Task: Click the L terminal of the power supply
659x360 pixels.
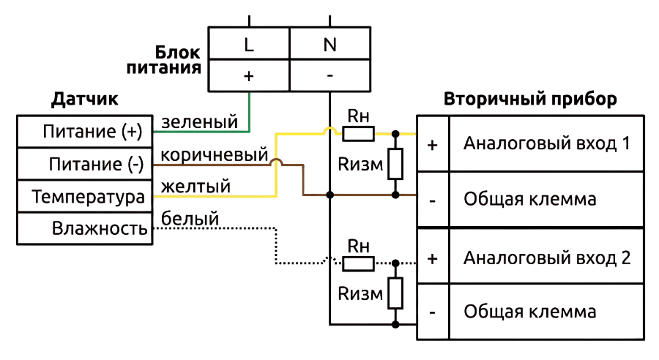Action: click(x=249, y=43)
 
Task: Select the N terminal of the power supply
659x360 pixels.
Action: click(x=330, y=43)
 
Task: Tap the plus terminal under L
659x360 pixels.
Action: click(x=249, y=75)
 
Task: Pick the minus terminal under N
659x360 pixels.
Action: click(x=330, y=75)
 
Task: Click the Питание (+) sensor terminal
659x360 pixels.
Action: click(x=84, y=132)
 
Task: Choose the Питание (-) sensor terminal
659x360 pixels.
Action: click(x=84, y=164)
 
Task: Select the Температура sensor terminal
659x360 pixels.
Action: click(x=84, y=196)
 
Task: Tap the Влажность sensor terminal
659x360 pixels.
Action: click(x=84, y=228)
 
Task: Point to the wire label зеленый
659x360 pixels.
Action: click(x=200, y=121)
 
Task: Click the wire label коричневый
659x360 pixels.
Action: click(x=215, y=154)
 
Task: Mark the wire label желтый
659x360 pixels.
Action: click(x=196, y=186)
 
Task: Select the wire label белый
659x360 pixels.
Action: click(x=190, y=218)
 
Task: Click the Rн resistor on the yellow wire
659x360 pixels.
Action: click(x=359, y=134)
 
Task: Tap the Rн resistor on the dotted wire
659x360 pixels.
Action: click(x=359, y=263)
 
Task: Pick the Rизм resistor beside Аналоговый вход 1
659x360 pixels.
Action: click(x=395, y=164)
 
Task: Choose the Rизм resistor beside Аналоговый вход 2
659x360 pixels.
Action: click(x=395, y=293)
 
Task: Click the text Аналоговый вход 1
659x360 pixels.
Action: click(x=547, y=143)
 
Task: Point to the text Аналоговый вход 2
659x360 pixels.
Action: click(x=547, y=258)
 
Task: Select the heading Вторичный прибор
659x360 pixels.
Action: click(x=530, y=99)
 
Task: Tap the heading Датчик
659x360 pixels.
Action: click(x=84, y=99)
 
